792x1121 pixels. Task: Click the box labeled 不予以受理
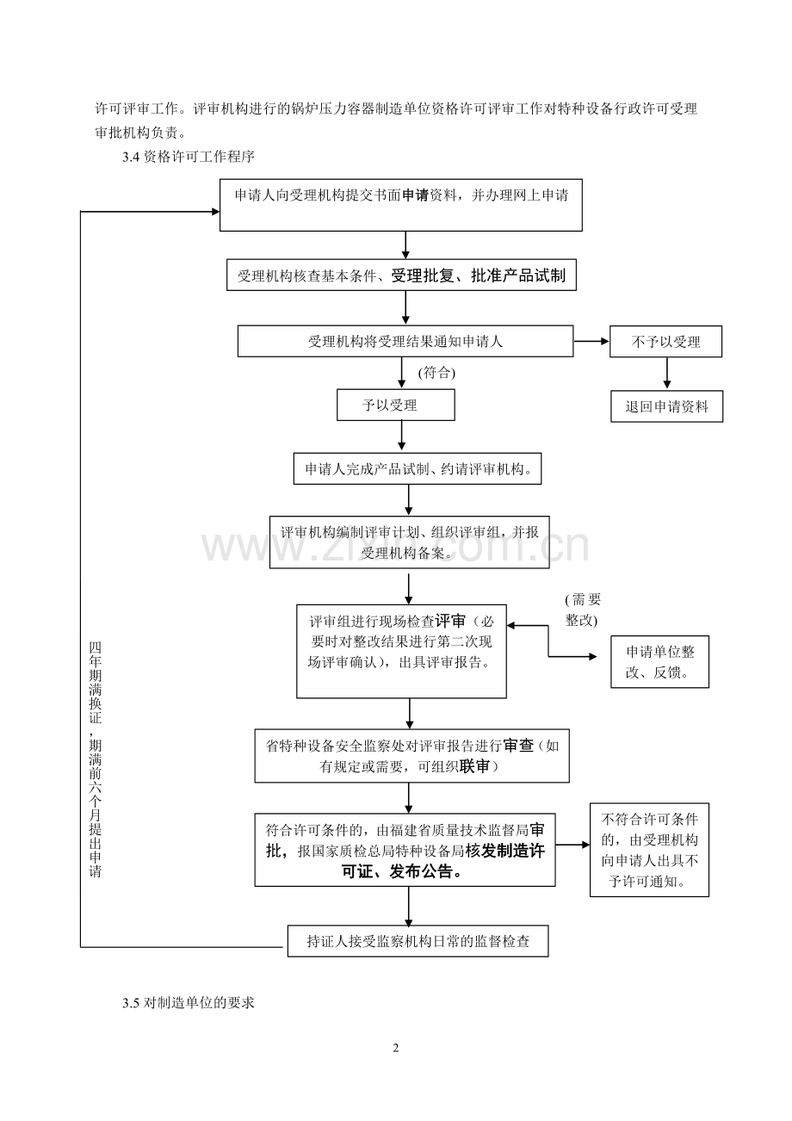pyautogui.click(x=665, y=341)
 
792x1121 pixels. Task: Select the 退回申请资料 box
pyautogui.click(x=666, y=406)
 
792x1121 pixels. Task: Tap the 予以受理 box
pyautogui.click(x=396, y=405)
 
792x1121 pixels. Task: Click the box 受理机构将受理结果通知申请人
pyautogui.click(x=405, y=341)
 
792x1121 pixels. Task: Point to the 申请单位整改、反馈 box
pyautogui.click(x=659, y=662)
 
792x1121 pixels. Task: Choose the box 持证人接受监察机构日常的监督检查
pyautogui.click(x=418, y=941)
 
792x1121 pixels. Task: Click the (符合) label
pyautogui.click(x=436, y=373)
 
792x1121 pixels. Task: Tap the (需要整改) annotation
pyautogui.click(x=583, y=610)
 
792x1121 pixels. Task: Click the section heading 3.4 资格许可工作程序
pyautogui.click(x=189, y=157)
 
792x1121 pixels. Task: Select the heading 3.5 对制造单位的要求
pyautogui.click(x=189, y=1002)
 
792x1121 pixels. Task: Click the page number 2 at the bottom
pyautogui.click(x=396, y=1048)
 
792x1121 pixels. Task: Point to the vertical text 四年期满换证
pyautogui.click(x=95, y=683)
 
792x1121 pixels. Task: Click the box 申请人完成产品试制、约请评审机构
pyautogui.click(x=418, y=469)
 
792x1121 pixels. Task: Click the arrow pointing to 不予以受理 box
pyautogui.click(x=591, y=341)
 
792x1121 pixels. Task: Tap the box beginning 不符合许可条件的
pyautogui.click(x=649, y=850)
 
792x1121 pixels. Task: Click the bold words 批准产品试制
pyautogui.click(x=518, y=276)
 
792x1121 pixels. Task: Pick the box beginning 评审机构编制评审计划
pyautogui.click(x=409, y=542)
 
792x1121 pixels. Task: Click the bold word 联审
pyautogui.click(x=474, y=766)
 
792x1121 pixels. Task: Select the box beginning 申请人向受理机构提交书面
pyautogui.click(x=401, y=205)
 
